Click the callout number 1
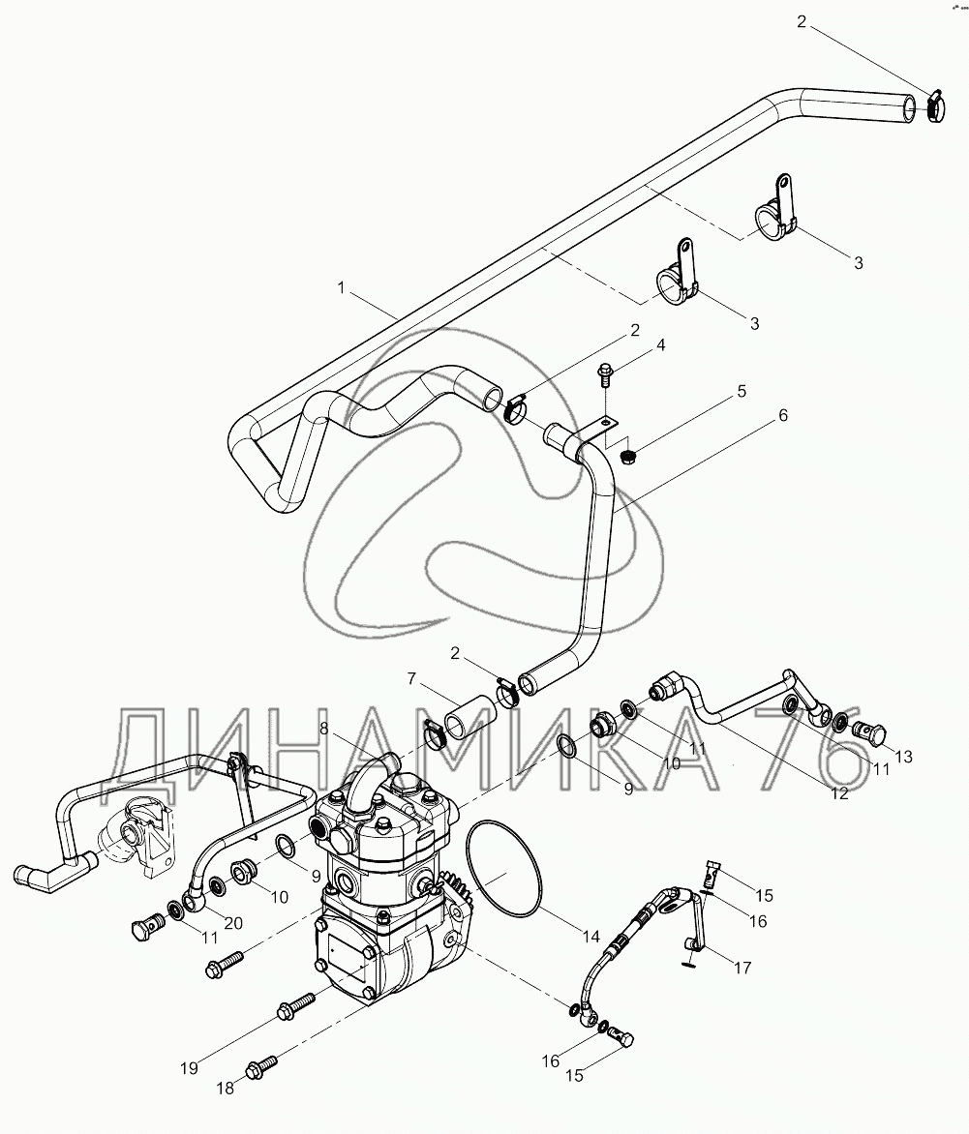coord(340,286)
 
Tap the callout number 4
coord(634,344)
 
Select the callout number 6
coord(782,415)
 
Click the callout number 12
coord(838,792)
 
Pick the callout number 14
coord(591,936)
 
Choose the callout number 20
coord(232,922)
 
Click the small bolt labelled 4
coord(605,373)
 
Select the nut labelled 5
coord(626,452)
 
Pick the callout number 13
coord(902,756)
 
